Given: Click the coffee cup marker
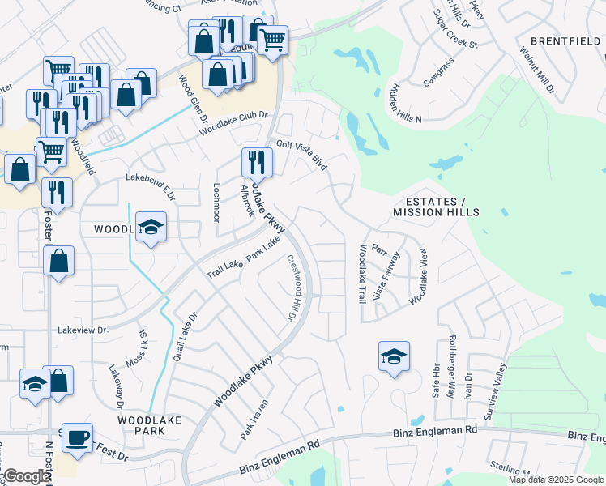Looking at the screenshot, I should tap(77, 438).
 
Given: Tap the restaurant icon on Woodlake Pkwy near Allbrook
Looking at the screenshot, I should tap(257, 161).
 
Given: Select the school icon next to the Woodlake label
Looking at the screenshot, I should tap(151, 228).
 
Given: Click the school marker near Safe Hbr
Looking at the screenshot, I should tap(394, 356).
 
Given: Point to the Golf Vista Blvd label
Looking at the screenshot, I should tap(301, 155).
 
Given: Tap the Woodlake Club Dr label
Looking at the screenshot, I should tap(233, 123).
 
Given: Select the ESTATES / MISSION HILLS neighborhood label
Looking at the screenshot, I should tap(436, 207).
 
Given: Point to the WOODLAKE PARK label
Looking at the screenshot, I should tap(149, 425).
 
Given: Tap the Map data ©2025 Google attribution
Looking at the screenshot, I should tap(555, 480).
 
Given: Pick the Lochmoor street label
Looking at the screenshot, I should tap(216, 202).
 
